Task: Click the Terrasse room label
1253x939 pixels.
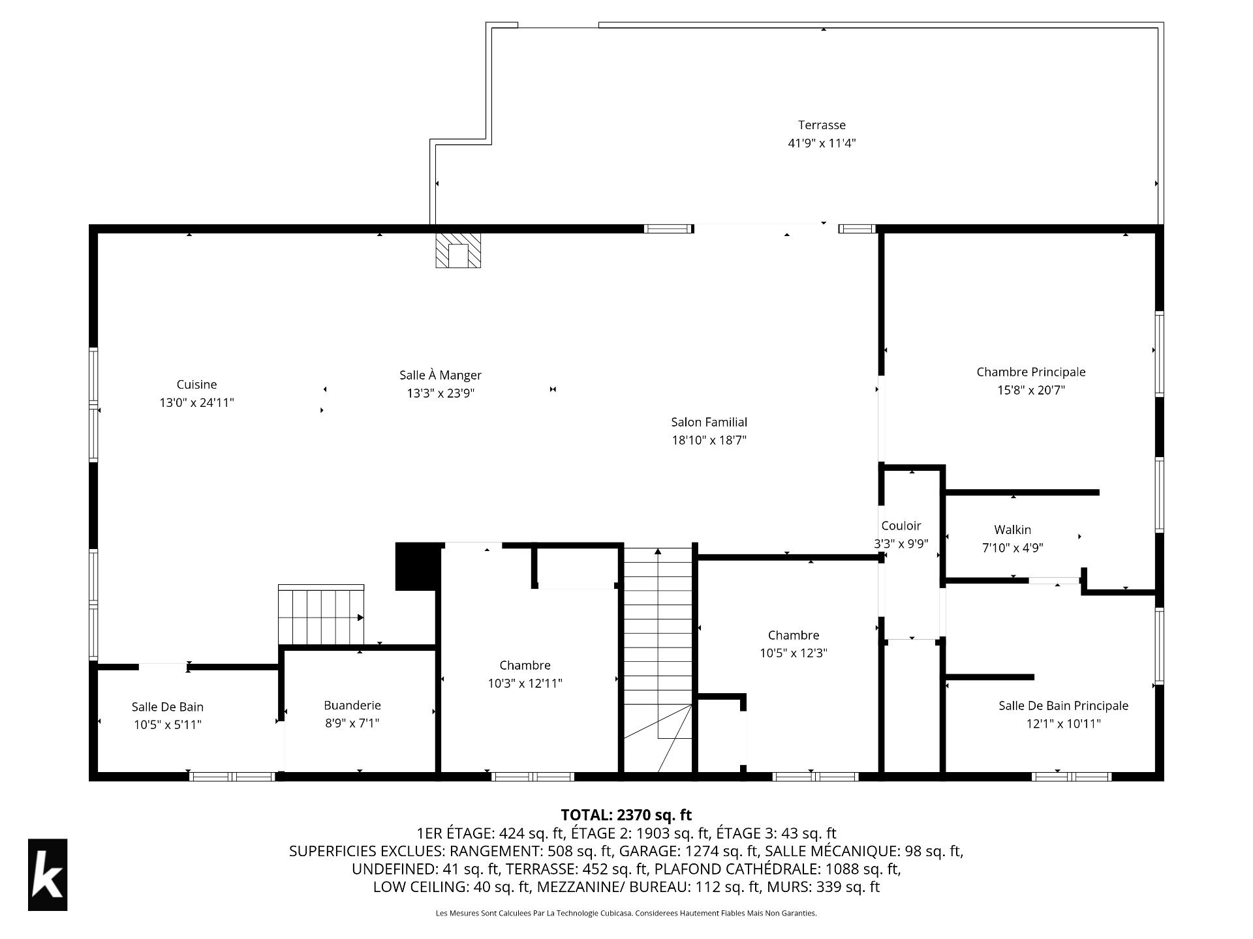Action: pyautogui.click(x=822, y=125)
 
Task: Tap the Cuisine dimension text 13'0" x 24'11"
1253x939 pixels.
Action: pyautogui.click(x=196, y=403)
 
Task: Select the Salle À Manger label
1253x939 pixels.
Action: pyautogui.click(x=441, y=375)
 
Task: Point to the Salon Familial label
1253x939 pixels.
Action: pyautogui.click(x=709, y=422)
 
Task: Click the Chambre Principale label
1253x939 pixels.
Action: pyautogui.click(x=1031, y=372)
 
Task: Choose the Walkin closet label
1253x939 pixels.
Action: pyautogui.click(x=1013, y=529)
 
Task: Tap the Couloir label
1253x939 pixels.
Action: pyautogui.click(x=901, y=526)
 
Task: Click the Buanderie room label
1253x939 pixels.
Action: pyautogui.click(x=352, y=705)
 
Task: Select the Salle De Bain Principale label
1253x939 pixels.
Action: pyautogui.click(x=1063, y=706)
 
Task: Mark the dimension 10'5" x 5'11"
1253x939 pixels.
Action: pyautogui.click(x=168, y=724)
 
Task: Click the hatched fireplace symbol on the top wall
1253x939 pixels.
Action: pyautogui.click(x=458, y=250)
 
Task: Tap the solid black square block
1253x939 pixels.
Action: pyautogui.click(x=417, y=567)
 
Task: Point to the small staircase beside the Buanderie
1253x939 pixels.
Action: pyautogui.click(x=321, y=615)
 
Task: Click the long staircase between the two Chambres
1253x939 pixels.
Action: pyautogui.click(x=658, y=659)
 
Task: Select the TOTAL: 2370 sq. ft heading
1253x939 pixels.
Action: pyautogui.click(x=626, y=814)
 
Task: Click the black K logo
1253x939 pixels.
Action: pyautogui.click(x=48, y=874)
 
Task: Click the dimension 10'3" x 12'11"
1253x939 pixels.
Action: pyautogui.click(x=525, y=683)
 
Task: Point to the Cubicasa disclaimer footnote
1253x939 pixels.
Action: pyautogui.click(x=626, y=914)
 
